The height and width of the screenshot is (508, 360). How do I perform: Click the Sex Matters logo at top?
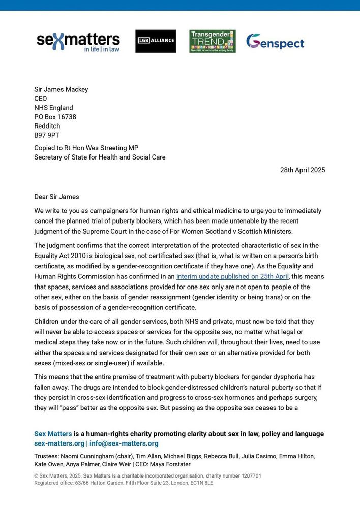78,42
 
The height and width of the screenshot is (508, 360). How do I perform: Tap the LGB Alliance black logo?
156,41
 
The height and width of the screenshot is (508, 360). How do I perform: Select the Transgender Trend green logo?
213,41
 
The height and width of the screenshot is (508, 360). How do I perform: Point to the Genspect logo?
275,42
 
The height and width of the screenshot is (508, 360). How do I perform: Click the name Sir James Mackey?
61,89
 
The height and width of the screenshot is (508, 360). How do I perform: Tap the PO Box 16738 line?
55,117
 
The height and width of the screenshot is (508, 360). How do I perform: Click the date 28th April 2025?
303,170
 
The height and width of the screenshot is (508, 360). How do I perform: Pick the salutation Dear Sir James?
56,197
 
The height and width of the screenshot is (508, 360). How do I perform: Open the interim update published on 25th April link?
232,277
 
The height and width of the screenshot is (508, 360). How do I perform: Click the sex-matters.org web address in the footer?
59,443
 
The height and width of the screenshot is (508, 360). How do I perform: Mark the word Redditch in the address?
47,126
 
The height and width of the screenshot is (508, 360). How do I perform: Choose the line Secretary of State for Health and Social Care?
100,157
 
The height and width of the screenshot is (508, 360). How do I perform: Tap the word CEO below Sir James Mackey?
41,99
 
